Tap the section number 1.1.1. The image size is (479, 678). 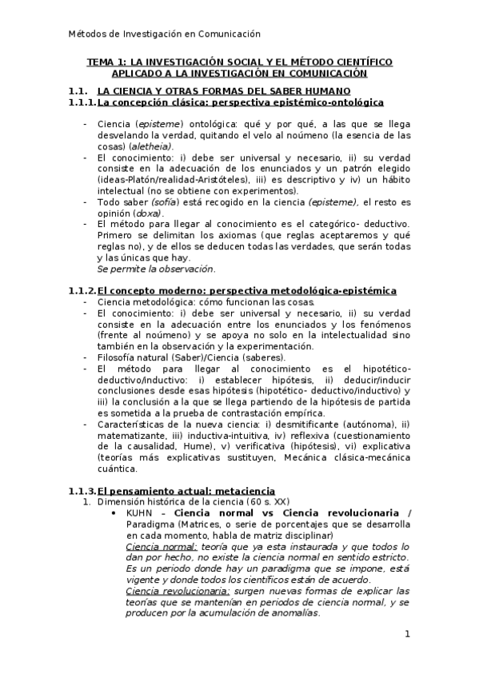click(x=82, y=102)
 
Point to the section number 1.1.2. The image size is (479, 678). click(x=82, y=290)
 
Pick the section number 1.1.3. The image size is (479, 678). click(x=82, y=490)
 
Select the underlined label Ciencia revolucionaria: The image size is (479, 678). click(x=178, y=591)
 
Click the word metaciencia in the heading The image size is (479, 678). click(x=246, y=490)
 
